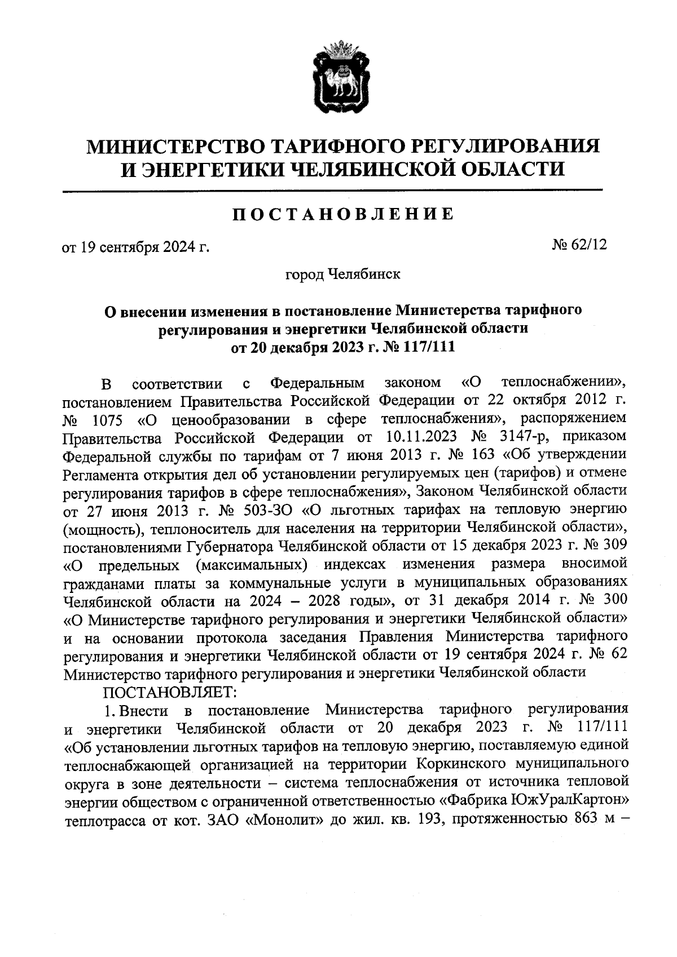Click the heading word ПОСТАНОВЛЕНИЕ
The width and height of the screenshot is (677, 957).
pyautogui.click(x=344, y=214)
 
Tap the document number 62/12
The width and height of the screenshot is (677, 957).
pyautogui.click(x=587, y=245)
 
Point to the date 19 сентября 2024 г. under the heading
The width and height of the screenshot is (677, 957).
pyautogui.click(x=135, y=247)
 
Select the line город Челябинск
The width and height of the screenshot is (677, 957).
pyautogui.click(x=344, y=274)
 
